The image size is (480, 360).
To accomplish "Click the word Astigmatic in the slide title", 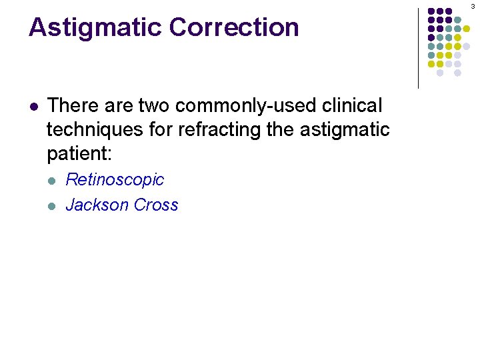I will tap(95, 28).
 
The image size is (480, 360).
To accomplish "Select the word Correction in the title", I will tap(234, 28).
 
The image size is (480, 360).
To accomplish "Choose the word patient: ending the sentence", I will tap(79, 155).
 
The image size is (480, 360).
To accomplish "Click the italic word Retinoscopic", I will tap(115, 180).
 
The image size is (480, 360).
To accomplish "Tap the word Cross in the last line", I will tap(156, 205).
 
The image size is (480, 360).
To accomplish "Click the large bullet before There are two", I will tap(34, 107).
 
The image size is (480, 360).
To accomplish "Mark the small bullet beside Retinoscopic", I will tap(54, 181).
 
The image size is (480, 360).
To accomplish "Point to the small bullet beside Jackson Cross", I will tap(54, 205).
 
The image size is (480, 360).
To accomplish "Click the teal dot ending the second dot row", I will tap(457, 20).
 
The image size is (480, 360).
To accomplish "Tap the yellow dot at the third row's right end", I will tap(466, 29).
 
